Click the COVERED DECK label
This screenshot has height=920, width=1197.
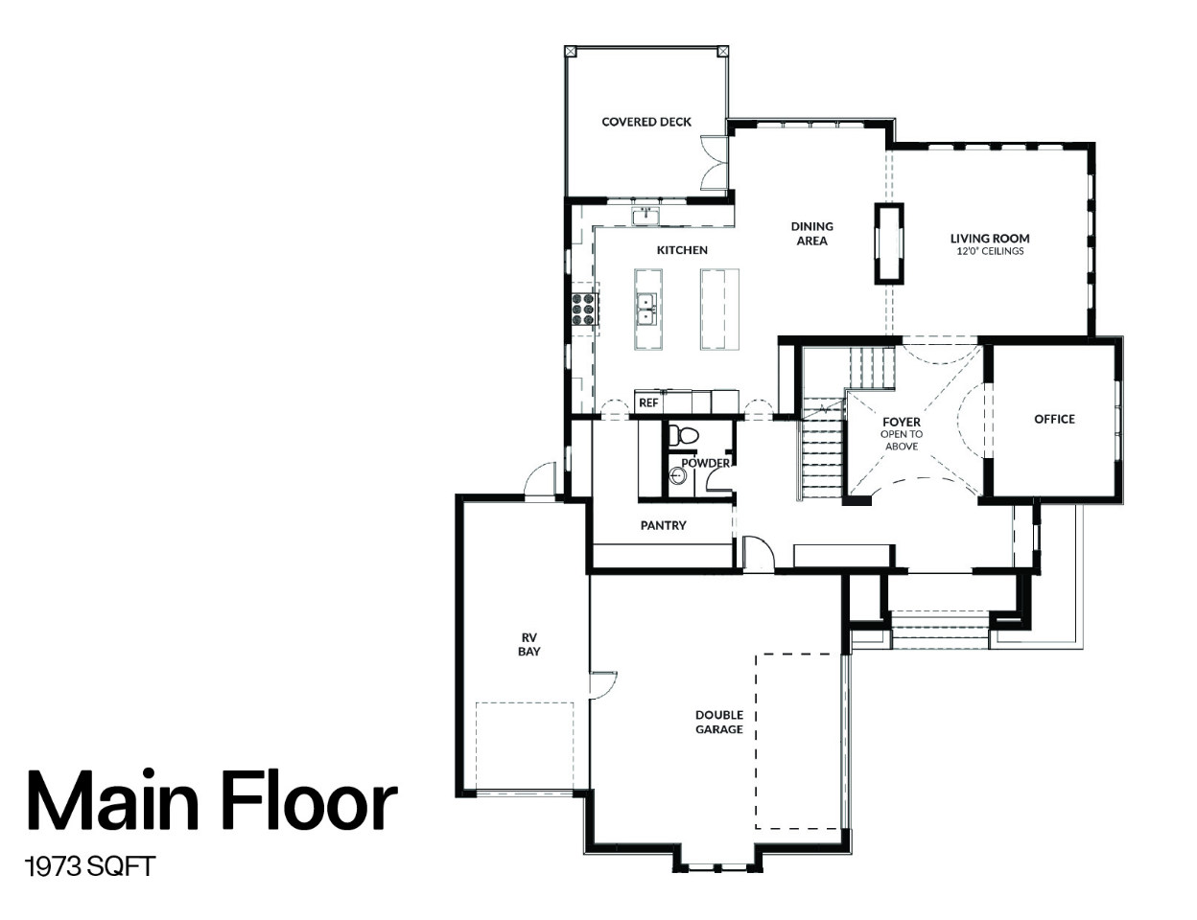[x=646, y=122]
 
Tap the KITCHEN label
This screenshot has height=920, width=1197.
[x=682, y=250]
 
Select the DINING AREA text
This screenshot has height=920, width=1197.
[x=812, y=233]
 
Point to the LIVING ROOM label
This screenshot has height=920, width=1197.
[x=990, y=239]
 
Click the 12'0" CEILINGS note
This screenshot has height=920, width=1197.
[x=990, y=251]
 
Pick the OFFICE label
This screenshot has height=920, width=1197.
[x=1054, y=420]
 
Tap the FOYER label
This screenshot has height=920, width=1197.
[x=902, y=422]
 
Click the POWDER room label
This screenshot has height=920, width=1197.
[x=706, y=463]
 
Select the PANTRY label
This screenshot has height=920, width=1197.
[x=663, y=525]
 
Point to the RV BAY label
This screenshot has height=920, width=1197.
[x=528, y=644]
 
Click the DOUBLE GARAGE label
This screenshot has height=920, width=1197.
[x=718, y=722]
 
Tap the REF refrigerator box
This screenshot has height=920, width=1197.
[x=648, y=402]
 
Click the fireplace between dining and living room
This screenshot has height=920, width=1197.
[x=889, y=243]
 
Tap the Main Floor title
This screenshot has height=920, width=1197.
[x=212, y=801]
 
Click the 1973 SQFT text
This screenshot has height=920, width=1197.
[x=90, y=867]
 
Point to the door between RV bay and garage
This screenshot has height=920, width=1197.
[x=602, y=685]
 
